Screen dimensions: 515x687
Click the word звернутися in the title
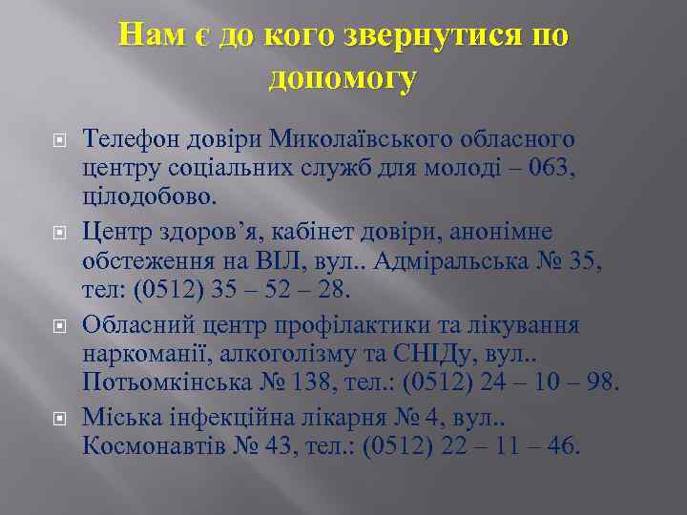(x=426, y=36)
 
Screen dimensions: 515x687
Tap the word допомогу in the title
(x=343, y=79)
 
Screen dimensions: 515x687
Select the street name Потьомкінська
(x=174, y=383)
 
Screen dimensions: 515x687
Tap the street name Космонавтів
(x=156, y=444)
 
